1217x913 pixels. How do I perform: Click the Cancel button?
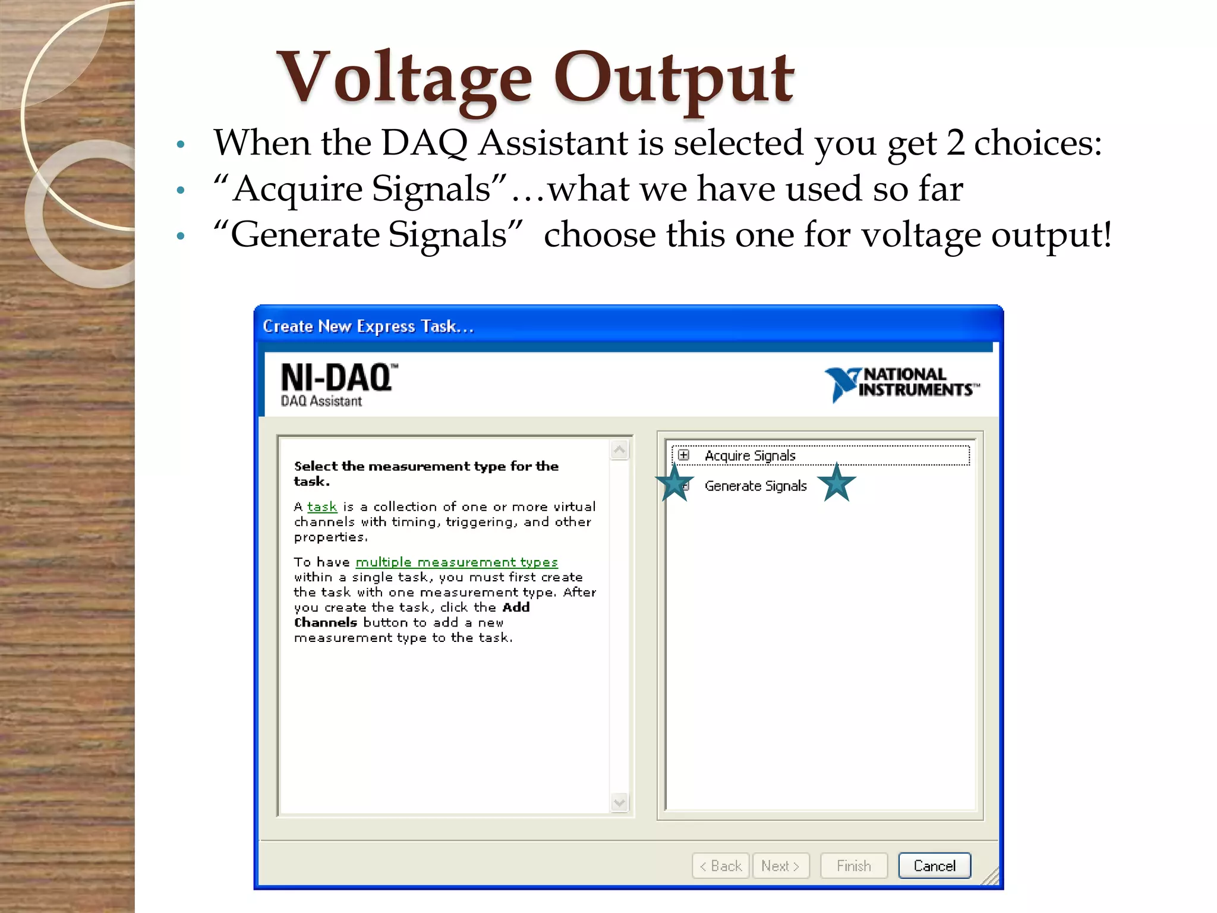point(934,865)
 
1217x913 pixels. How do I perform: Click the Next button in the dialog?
point(780,865)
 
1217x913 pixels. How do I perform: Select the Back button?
point(721,865)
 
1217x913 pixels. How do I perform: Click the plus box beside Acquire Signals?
point(684,455)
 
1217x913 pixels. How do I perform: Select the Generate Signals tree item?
point(755,486)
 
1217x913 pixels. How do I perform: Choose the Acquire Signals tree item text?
point(750,455)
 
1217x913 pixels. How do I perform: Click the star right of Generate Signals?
point(837,483)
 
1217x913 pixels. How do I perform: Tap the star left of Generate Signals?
point(674,483)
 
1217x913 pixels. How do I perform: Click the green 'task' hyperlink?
point(322,506)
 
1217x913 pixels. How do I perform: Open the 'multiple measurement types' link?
point(456,562)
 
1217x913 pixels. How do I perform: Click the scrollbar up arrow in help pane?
point(619,450)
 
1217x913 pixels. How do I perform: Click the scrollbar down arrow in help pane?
point(619,802)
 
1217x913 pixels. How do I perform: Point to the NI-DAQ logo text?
point(337,378)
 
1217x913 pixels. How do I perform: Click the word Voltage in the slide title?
point(404,78)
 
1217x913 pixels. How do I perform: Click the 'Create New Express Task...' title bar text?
point(368,326)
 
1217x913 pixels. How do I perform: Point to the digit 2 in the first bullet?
point(955,143)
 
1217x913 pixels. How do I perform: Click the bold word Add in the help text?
point(516,607)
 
